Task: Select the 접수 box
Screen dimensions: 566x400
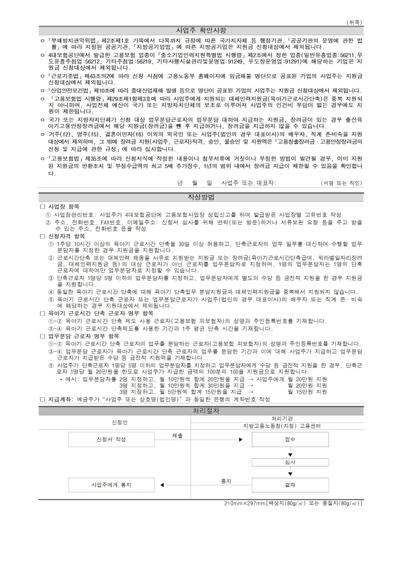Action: (289, 440)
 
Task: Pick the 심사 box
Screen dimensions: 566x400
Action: (289, 462)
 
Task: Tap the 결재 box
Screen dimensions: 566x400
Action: (289, 485)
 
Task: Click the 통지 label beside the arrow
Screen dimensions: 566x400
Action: (225, 481)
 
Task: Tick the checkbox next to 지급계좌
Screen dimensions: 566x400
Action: (42, 399)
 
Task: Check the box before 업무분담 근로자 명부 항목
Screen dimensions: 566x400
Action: (42, 335)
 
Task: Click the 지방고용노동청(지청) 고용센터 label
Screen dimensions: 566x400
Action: (289, 425)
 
